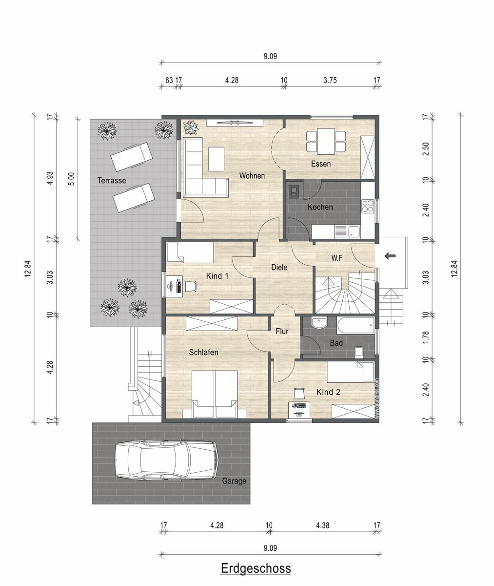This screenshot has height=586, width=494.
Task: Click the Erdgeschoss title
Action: [x=256, y=568]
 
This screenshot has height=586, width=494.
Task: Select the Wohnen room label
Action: [x=252, y=176]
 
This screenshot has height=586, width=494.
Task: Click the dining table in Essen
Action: [x=326, y=142]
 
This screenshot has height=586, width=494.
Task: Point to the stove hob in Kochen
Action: [x=368, y=206]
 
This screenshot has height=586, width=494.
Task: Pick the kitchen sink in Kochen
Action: [x=354, y=232]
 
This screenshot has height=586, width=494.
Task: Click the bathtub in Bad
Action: [x=356, y=326]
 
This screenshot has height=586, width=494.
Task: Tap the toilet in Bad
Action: [x=358, y=352]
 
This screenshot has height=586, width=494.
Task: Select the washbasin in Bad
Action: [x=319, y=323]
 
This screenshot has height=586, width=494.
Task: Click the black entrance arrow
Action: [x=390, y=256]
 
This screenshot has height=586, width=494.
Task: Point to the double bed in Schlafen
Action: [x=215, y=395]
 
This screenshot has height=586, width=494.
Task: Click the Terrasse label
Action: [x=112, y=181]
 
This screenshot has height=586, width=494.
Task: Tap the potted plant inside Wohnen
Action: [x=191, y=127]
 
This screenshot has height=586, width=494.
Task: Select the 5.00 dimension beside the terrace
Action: [x=72, y=179]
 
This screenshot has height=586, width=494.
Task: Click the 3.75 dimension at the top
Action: [x=330, y=80]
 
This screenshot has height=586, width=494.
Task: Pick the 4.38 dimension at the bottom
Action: [x=323, y=525]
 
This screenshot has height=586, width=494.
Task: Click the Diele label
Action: [x=279, y=267]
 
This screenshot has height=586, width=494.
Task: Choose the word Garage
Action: [x=234, y=481]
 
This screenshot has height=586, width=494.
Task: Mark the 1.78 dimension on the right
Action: [x=426, y=337]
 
